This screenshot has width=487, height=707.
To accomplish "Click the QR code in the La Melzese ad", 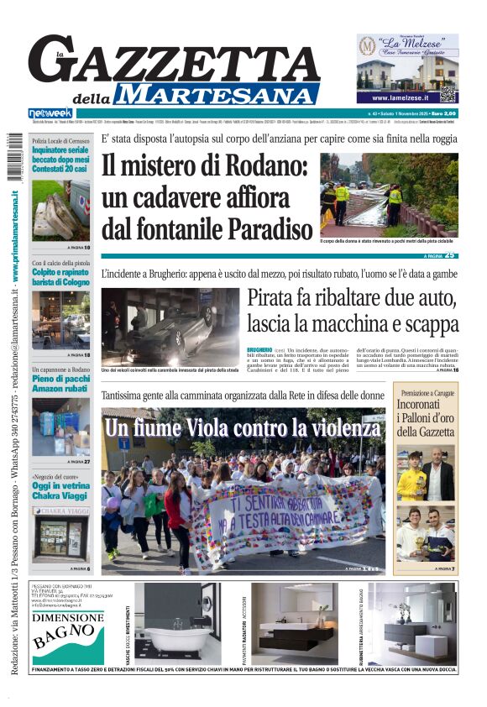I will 448,93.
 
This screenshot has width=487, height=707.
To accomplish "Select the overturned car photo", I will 170,327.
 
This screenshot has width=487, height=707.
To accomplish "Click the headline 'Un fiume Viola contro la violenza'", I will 243,428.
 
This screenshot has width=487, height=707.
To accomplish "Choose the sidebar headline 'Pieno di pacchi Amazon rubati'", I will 60,385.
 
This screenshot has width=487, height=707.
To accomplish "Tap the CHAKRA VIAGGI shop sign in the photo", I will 60,511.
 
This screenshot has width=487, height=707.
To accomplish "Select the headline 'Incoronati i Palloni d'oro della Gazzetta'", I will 426,418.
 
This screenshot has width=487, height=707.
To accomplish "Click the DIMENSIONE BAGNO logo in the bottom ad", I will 67,625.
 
